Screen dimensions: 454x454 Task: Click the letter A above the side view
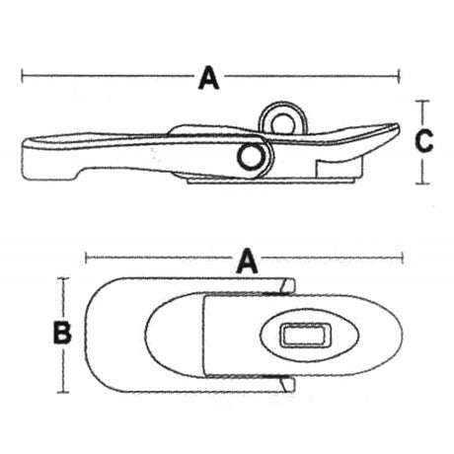[x=208, y=76]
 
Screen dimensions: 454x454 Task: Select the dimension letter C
[x=422, y=142]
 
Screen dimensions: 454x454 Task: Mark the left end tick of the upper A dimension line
[x=22, y=74]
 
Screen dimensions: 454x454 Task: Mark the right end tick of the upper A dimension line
[x=400, y=74]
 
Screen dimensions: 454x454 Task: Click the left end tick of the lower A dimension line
[x=87, y=260]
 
